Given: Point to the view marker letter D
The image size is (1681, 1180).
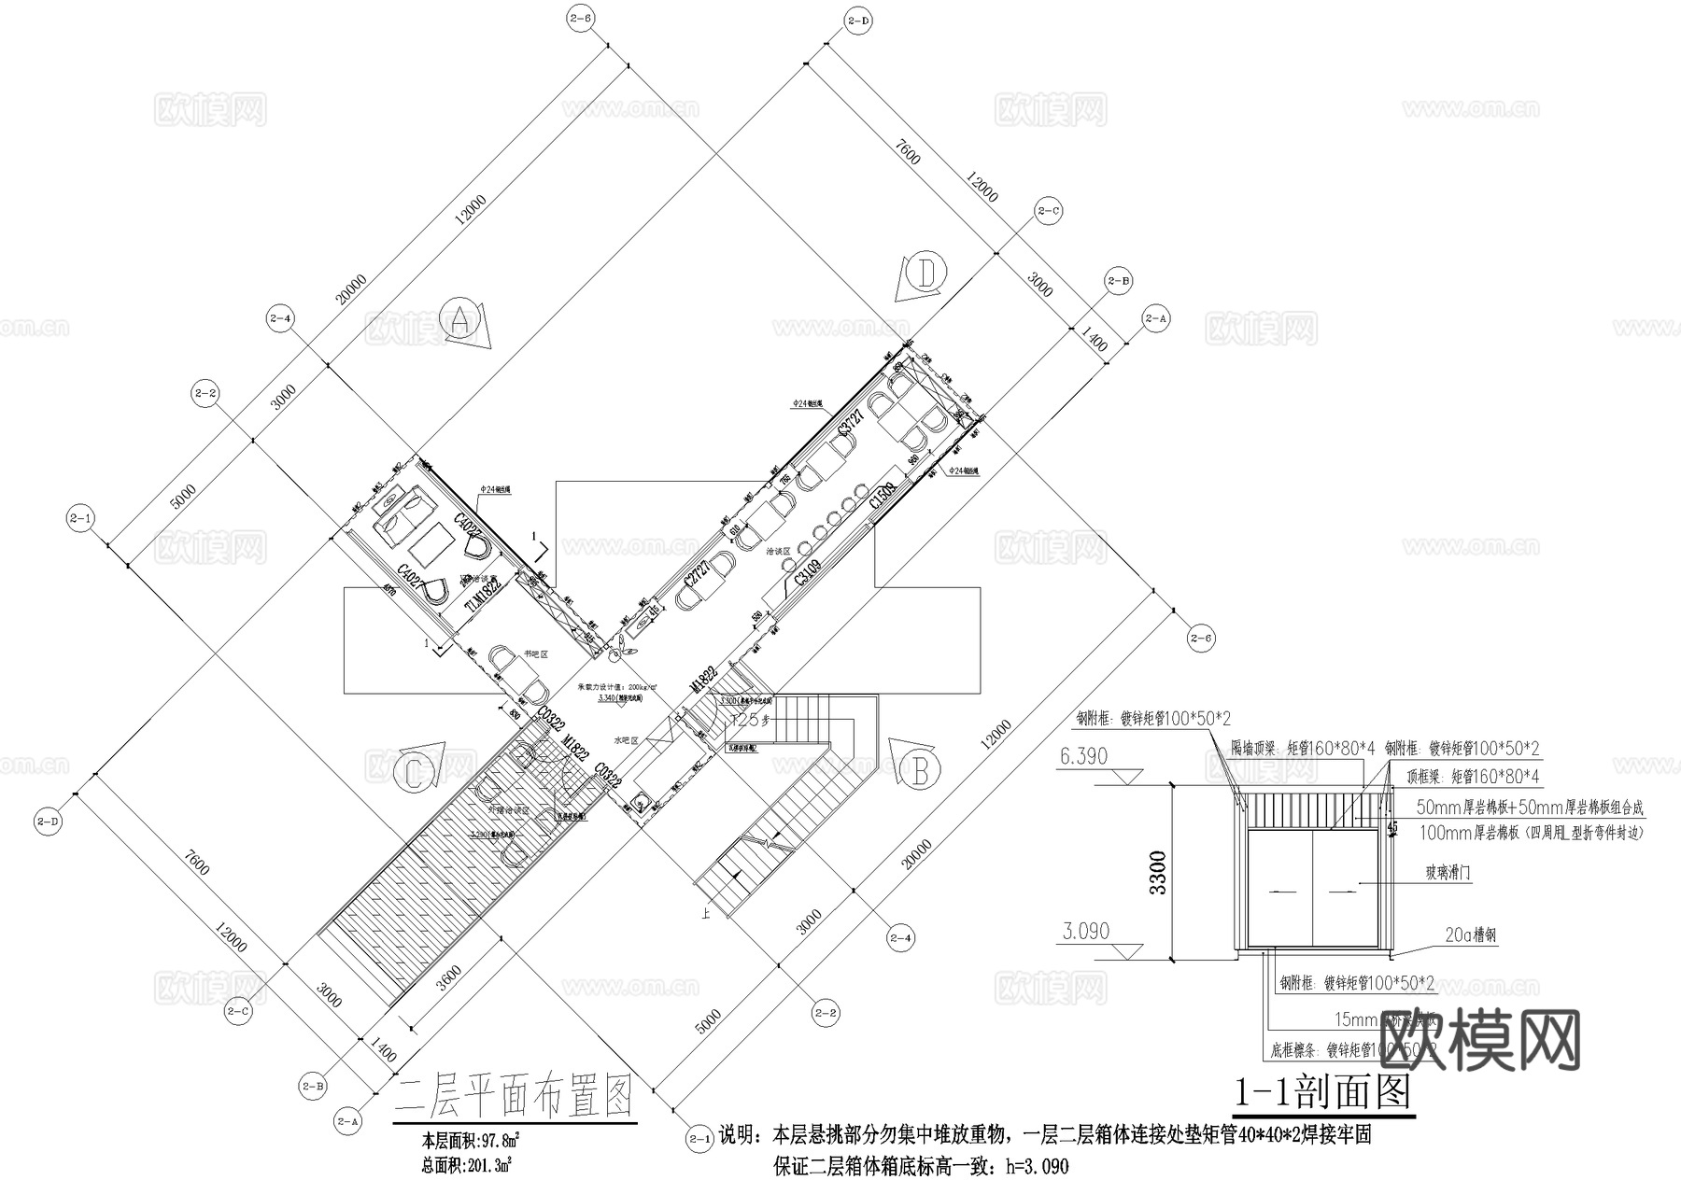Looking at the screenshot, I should point(926,273).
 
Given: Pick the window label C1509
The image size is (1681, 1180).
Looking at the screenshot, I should point(883,495).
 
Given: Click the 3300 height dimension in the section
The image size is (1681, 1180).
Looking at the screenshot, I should point(1159,872).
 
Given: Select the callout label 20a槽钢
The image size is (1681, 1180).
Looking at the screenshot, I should point(1472,935).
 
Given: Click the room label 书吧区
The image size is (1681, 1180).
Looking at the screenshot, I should point(534,653).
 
